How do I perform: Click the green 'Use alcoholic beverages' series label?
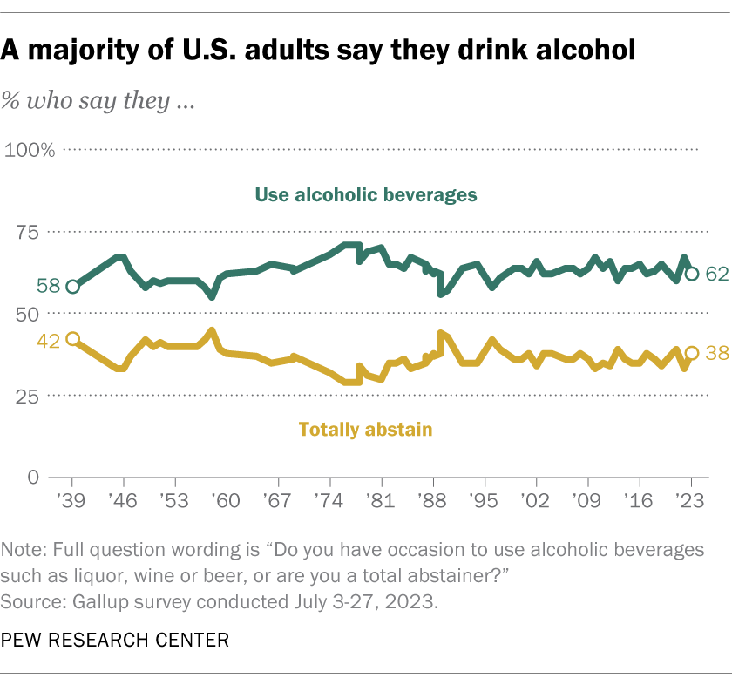pos(366,194)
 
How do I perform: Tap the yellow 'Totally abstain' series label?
pos(366,429)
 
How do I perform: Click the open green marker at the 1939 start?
pos(72,287)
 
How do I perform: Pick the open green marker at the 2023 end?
pos(691,274)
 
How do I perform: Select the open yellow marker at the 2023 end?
pos(691,353)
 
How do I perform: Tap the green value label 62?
pos(716,274)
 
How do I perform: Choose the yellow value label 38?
pos(716,353)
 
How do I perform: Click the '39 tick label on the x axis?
pos(72,504)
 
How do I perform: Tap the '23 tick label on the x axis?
pos(691,504)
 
